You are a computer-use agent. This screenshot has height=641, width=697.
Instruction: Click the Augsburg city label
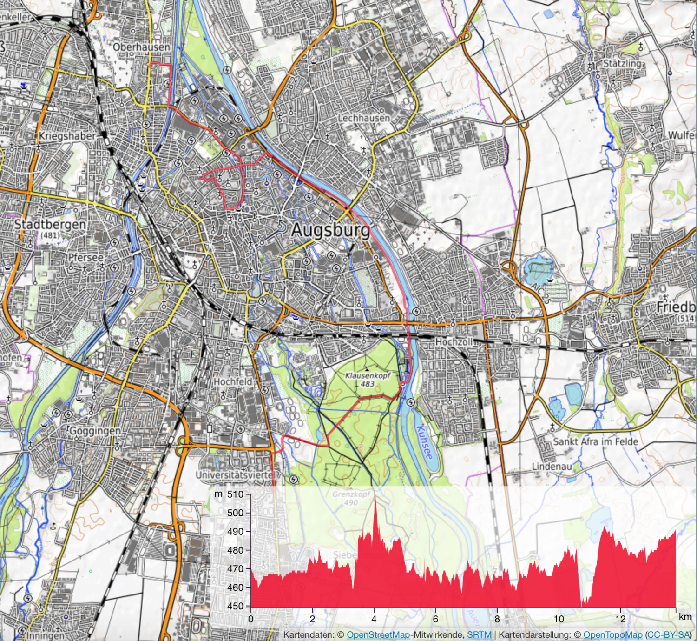[x=330, y=230]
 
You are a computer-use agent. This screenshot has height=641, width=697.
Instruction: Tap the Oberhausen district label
[x=142, y=47]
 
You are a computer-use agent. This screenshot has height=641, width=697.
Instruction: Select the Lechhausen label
[x=364, y=118]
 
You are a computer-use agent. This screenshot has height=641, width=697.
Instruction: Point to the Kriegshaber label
[x=67, y=136]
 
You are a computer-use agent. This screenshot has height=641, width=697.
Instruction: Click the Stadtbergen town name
[x=50, y=225]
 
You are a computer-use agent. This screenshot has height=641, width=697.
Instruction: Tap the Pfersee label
[x=86, y=257]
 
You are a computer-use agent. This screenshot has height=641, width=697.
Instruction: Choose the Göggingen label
[x=95, y=431]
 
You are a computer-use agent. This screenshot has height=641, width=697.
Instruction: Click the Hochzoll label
[x=454, y=342]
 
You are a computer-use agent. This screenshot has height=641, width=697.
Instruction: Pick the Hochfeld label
[x=232, y=381]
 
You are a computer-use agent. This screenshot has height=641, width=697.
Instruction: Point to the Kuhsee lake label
[x=425, y=442]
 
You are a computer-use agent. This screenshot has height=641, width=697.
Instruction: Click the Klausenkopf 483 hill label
[x=368, y=379]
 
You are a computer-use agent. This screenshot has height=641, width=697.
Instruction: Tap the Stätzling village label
[x=622, y=63]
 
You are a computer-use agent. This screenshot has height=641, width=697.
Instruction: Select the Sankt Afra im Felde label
[x=595, y=441]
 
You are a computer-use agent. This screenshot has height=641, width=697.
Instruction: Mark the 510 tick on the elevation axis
[x=235, y=494]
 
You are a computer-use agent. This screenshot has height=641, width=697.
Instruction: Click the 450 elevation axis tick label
[x=235, y=606]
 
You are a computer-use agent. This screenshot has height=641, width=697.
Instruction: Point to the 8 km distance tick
[x=497, y=619]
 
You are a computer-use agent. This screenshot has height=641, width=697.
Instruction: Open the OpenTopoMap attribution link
[x=613, y=634]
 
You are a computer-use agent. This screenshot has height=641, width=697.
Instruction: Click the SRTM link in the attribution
[x=479, y=634]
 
